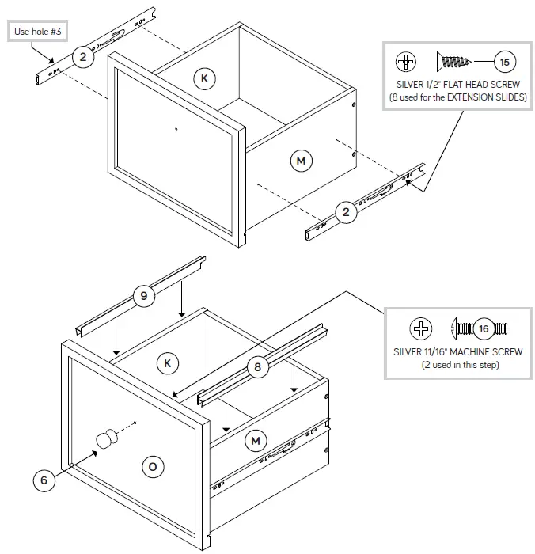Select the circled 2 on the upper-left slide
click(x=82, y=56)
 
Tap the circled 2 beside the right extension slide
click(x=345, y=211)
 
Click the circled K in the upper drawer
click(x=204, y=78)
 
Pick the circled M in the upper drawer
click(x=301, y=161)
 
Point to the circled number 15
click(x=503, y=61)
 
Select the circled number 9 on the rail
click(x=143, y=297)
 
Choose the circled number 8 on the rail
click(x=256, y=366)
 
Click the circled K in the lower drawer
click(x=167, y=363)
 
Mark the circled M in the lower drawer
click(x=255, y=440)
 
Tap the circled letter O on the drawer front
click(x=152, y=466)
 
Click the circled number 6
click(x=44, y=480)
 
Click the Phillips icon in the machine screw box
click(x=421, y=328)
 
